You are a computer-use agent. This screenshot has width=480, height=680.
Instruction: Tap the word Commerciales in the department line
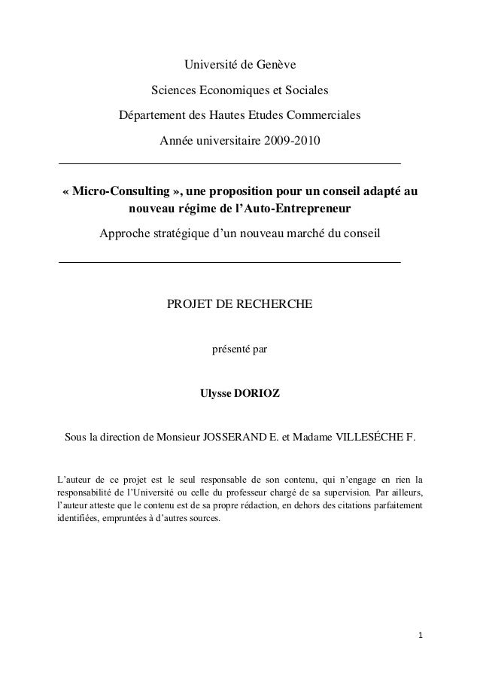tap(323, 117)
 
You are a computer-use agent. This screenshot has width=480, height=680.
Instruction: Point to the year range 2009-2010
tap(290, 141)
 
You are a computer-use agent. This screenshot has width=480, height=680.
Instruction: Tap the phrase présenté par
tap(239, 349)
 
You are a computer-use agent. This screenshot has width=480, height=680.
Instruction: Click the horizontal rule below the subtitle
tap(229, 261)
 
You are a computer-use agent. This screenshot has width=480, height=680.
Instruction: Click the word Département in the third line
tap(152, 117)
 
